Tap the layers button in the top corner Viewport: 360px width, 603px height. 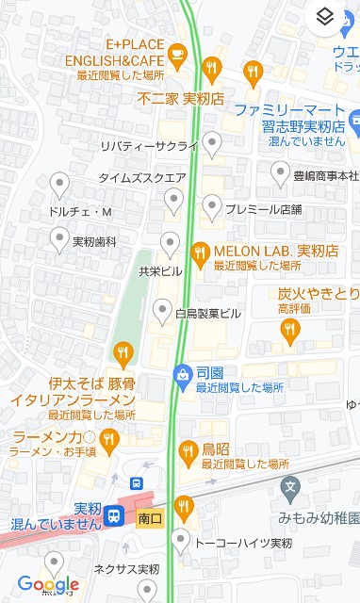pos(324,17)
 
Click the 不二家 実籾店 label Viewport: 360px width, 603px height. pos(180,97)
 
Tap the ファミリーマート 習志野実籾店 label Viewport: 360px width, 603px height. pos(293,118)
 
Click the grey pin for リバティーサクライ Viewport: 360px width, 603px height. pos(213,144)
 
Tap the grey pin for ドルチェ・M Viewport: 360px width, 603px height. pos(60,183)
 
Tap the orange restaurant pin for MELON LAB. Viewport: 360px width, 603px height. pos(200,251)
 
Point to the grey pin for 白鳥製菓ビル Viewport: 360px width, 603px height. pos(162,310)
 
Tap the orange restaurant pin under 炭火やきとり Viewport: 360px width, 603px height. pos(289,329)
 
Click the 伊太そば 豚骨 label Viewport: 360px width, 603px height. pos(91,383)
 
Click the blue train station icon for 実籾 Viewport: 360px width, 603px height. pos(114,516)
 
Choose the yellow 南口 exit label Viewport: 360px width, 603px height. pos(150,518)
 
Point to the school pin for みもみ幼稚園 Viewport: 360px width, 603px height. pos(290,488)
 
